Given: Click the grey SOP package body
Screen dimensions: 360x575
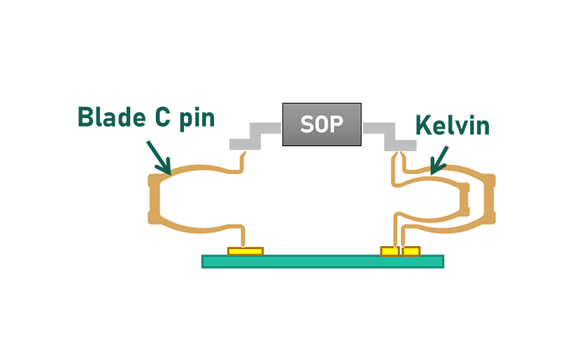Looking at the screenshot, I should click(x=322, y=124).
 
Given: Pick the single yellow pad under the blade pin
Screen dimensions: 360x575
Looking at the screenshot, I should click(x=246, y=250).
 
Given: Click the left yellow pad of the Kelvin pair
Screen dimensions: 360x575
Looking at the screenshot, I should click(x=389, y=251).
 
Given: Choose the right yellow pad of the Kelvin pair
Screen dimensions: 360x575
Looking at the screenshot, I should click(x=411, y=251).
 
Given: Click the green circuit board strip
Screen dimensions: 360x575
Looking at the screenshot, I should click(x=322, y=261).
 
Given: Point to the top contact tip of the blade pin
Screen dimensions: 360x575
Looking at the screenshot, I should click(x=242, y=158).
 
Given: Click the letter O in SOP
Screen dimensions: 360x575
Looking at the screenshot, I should click(x=322, y=124).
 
